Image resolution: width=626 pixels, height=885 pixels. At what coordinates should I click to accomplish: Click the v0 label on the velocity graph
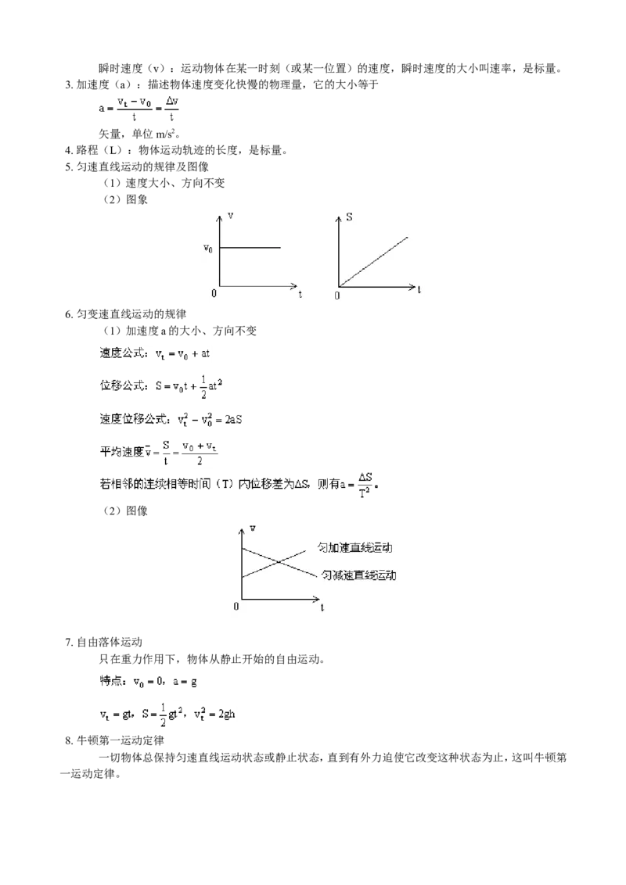tap(208, 249)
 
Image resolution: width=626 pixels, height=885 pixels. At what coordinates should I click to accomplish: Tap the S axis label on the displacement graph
tap(349, 217)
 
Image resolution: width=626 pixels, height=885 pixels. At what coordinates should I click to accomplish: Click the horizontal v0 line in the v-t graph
tap(250, 247)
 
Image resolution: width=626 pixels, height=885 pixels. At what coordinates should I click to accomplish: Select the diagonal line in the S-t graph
tap(373, 262)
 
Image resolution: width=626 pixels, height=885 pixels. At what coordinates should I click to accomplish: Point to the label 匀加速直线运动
tap(354, 547)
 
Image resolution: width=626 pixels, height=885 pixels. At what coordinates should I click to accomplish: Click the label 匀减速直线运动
tap(358, 575)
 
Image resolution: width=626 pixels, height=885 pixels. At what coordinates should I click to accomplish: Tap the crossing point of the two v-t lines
tap(278, 561)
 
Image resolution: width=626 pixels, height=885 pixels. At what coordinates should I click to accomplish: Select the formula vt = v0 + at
tap(182, 354)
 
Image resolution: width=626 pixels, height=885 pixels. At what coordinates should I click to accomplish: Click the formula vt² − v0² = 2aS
tap(210, 419)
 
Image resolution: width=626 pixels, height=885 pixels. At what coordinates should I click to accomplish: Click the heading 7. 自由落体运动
tap(103, 642)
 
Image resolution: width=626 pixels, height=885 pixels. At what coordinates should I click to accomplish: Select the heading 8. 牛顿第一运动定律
tap(115, 740)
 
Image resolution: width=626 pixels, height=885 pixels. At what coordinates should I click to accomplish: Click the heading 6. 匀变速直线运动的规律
tap(125, 314)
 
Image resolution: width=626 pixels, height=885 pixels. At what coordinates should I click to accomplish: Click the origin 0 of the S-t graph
tap(337, 296)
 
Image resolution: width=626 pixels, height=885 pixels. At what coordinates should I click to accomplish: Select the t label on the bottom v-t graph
tap(322, 607)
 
